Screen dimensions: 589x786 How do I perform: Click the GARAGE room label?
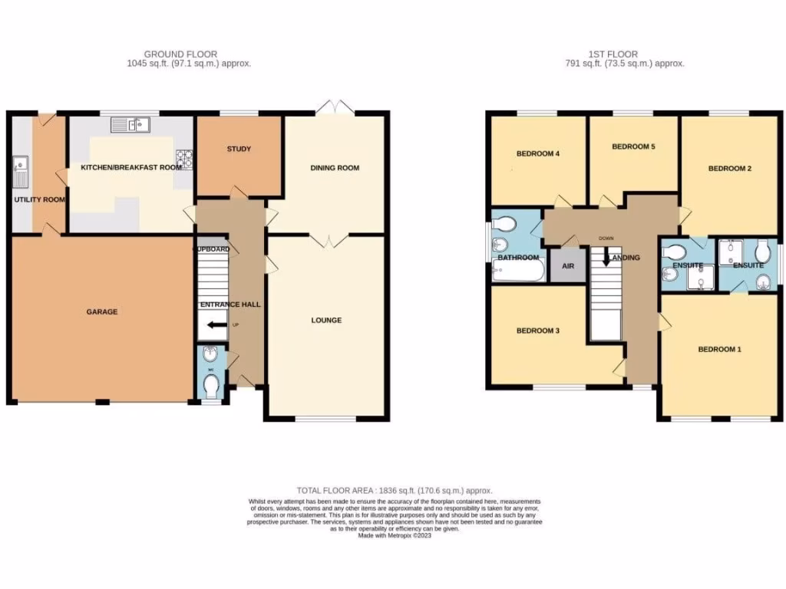[101, 311]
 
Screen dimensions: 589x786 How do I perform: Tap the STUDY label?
[239, 149]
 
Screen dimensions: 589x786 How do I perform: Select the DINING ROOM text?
[335, 168]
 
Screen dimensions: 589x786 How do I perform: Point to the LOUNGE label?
[326, 320]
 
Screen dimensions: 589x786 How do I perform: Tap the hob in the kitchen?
[184, 159]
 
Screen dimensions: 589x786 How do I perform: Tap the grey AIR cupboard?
[568, 266]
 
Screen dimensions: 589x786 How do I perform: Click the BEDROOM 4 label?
[537, 153]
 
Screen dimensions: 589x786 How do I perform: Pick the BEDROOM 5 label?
[633, 146]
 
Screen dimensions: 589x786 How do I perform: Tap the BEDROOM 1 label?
[719, 350]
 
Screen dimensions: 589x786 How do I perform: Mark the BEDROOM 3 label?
[537, 331]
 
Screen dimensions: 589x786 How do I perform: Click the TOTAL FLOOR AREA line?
[395, 490]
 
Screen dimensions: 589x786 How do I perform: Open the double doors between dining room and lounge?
[329, 241]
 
